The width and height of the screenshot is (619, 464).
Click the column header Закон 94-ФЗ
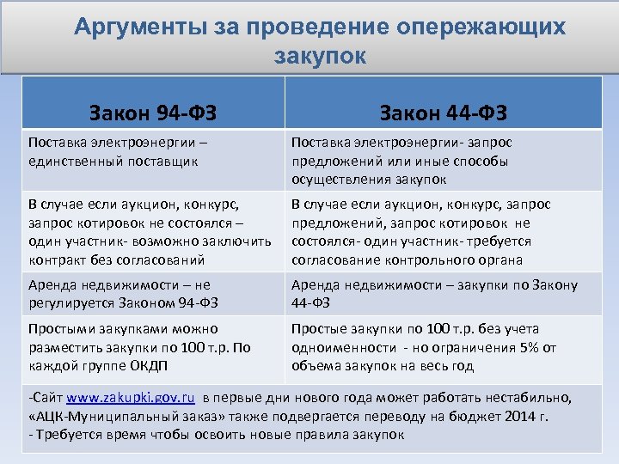pos(153,113)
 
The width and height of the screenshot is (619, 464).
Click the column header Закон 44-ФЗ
pos(443,113)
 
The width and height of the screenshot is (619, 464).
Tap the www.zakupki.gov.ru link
pos(131,398)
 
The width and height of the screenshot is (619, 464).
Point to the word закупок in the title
pos(320,57)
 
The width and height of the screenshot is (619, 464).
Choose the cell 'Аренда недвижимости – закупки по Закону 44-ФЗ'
pos(434,293)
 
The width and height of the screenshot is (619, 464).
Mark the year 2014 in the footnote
pos(517,416)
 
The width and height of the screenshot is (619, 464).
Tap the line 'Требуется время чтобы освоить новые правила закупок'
pos(218,434)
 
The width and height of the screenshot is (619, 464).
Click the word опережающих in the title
pos(481,27)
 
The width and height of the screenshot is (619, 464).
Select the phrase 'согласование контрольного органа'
pos(407,259)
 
